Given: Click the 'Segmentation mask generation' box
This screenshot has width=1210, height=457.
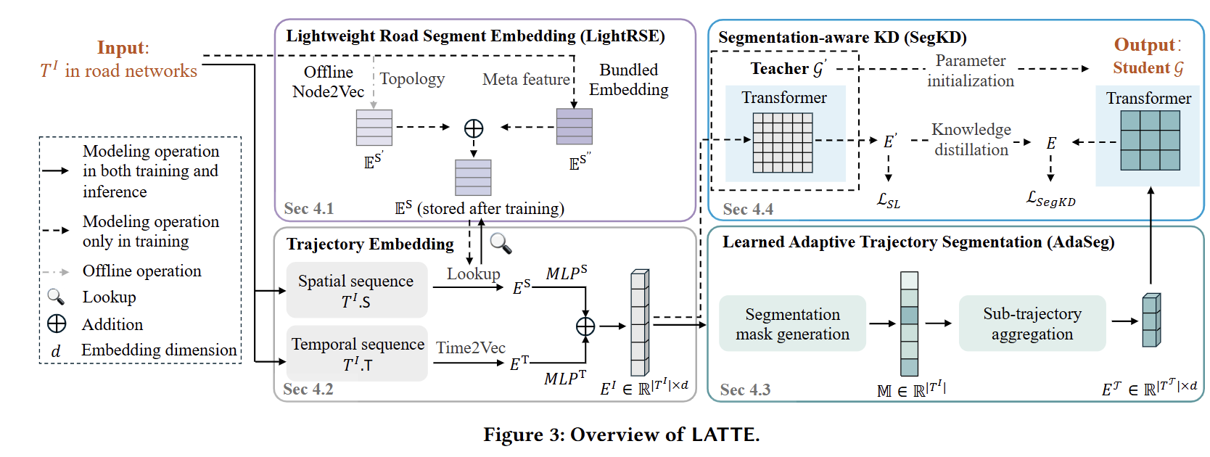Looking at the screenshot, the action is point(792,324).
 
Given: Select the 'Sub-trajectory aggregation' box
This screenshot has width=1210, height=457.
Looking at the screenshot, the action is point(1032,323).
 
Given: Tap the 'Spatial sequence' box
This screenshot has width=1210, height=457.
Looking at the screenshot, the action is point(356,290).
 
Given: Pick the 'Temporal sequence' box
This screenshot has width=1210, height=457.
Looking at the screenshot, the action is point(357,353).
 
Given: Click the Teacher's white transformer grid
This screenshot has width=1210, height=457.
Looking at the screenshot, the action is point(783,143).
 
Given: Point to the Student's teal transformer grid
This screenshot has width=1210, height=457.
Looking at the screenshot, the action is point(1150,141).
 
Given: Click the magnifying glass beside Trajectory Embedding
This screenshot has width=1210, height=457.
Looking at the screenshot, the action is point(501,244).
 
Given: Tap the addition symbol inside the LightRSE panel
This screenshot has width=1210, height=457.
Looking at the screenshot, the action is point(474,128).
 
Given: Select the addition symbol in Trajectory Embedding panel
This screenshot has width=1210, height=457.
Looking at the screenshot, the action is point(585,326).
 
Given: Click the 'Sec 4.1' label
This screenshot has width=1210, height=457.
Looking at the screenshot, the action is point(309,208).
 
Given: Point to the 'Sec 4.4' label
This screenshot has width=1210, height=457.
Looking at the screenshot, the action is point(748,209).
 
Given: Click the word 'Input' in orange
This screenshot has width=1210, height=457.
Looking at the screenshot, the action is point(122,48).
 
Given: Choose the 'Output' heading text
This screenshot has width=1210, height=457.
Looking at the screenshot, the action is point(1145,45).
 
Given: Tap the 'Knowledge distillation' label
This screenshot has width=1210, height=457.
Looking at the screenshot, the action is point(971,139).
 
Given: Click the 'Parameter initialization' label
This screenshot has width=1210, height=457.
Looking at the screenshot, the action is point(971,71).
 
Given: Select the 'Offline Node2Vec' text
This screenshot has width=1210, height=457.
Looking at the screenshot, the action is point(329,81).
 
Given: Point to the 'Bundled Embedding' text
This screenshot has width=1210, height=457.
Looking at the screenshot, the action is point(629,79).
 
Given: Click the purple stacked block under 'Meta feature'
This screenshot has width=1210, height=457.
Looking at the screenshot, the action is point(575,126).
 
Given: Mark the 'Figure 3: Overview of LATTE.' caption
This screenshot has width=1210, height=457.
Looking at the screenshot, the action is point(621,435).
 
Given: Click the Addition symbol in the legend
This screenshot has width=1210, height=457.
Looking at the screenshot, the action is point(57,324).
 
